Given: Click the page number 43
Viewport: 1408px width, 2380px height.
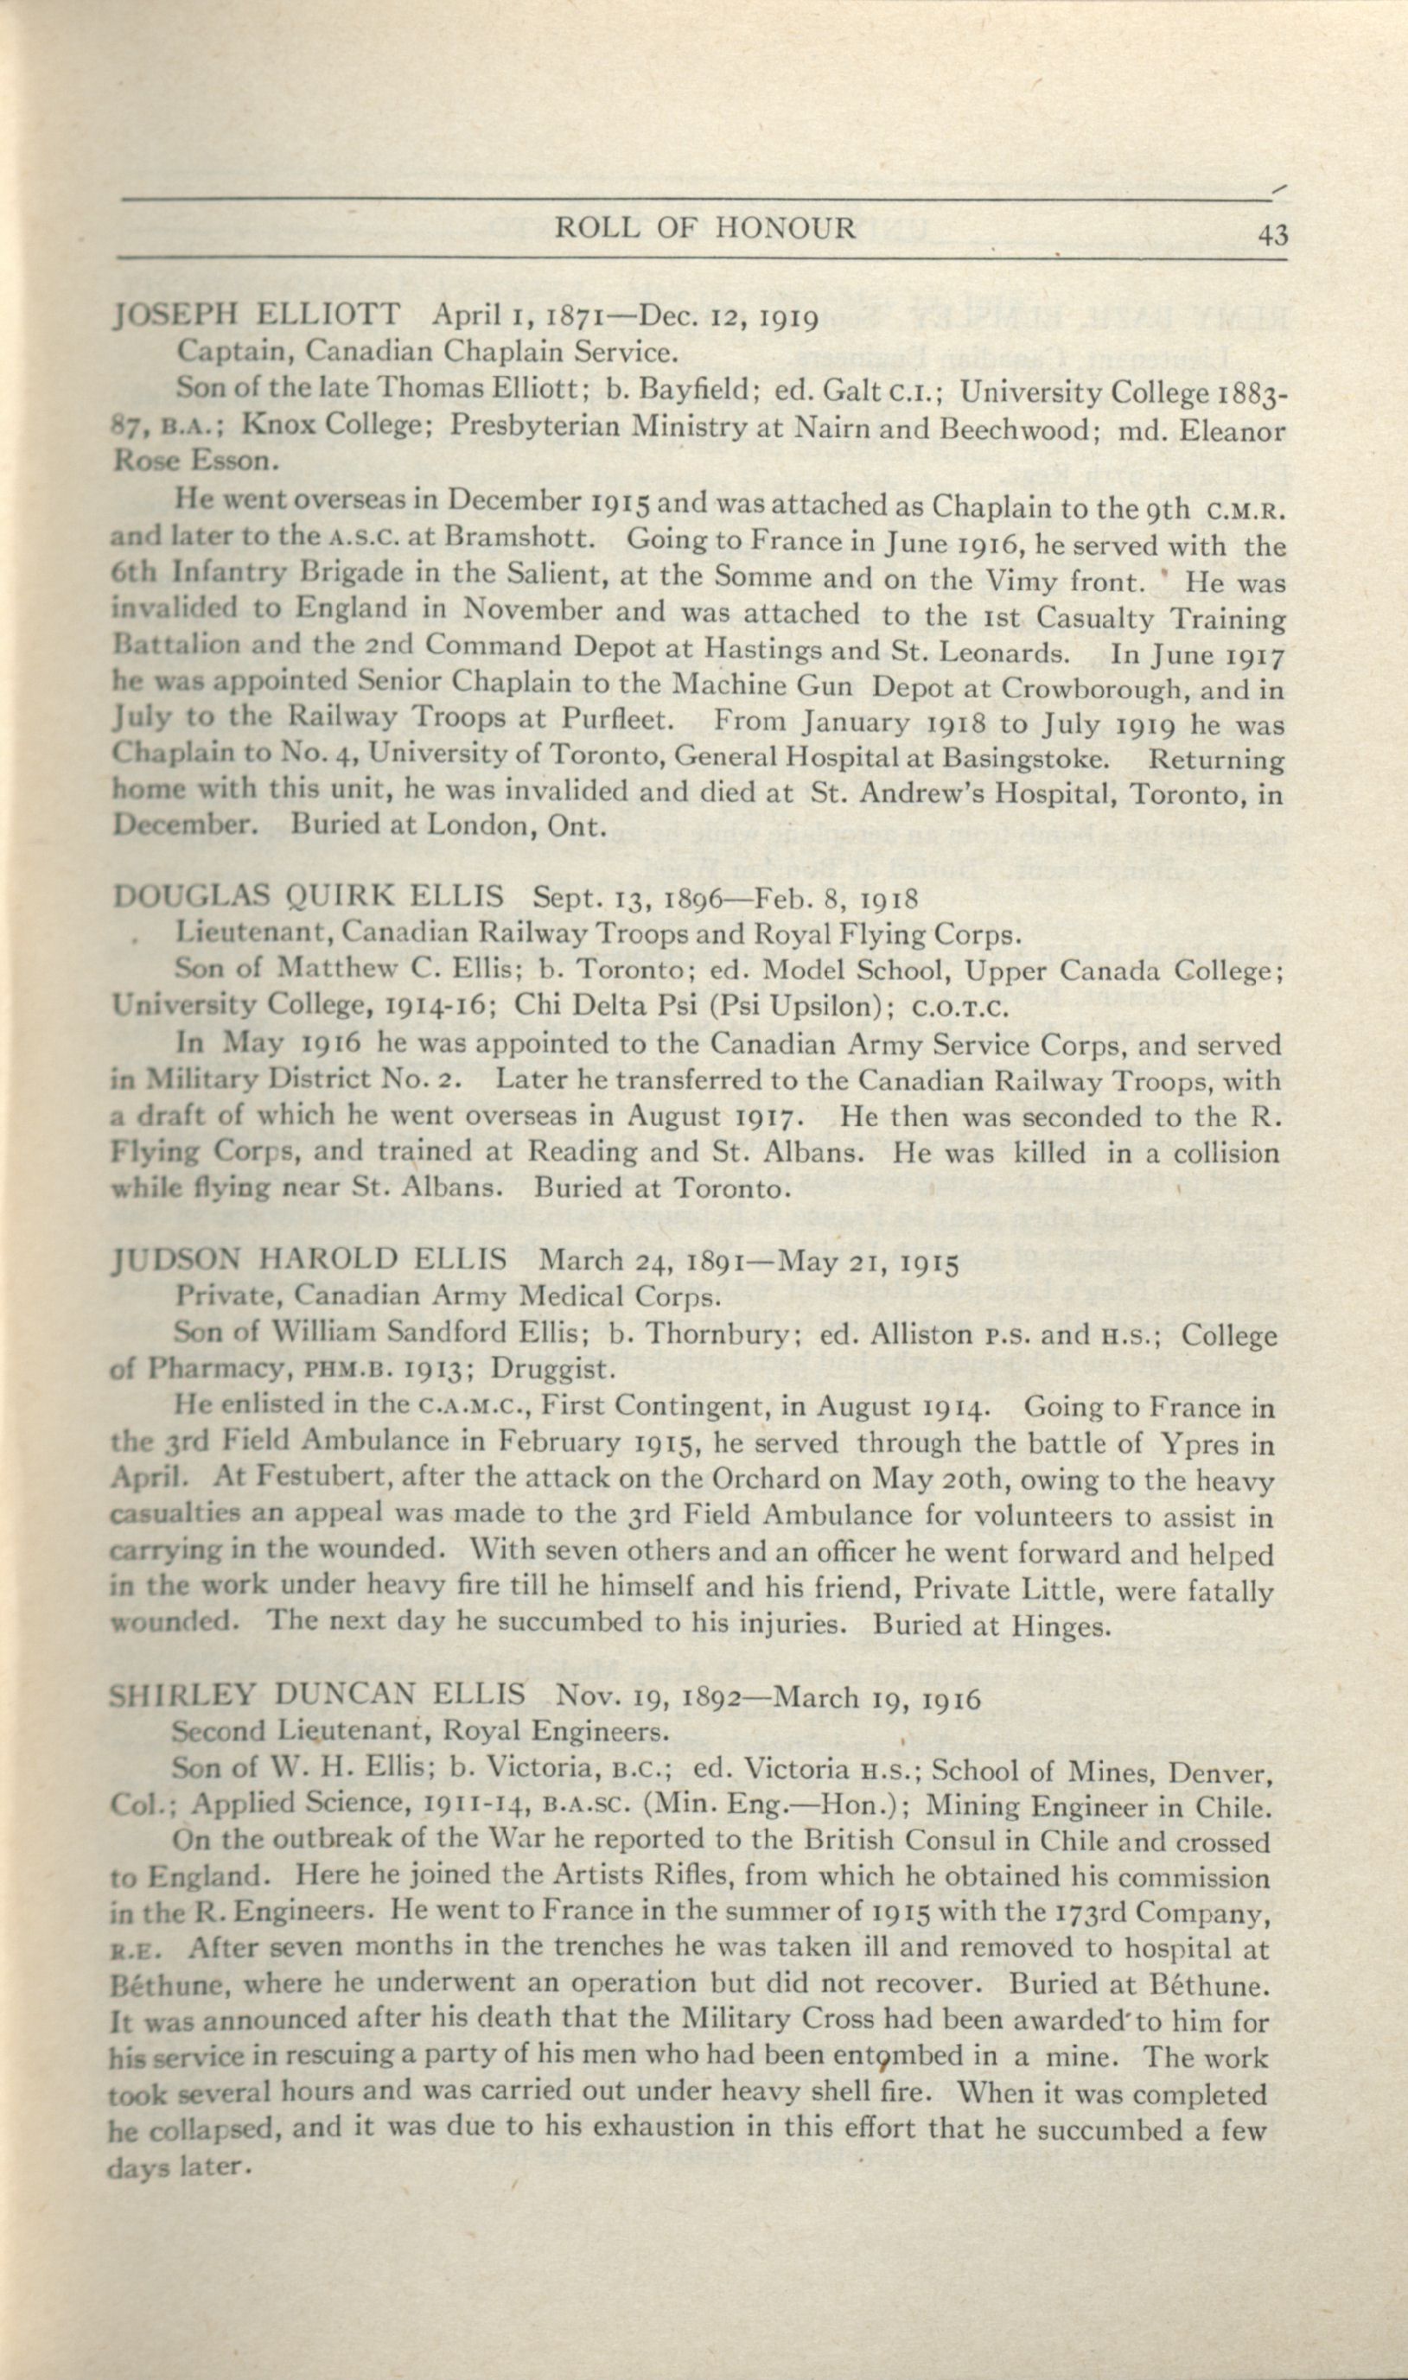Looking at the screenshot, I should click(x=1273, y=234).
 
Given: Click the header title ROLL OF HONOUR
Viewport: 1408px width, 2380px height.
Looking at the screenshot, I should click(x=705, y=227).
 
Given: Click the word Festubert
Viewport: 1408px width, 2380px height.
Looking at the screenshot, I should click(x=317, y=1480).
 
